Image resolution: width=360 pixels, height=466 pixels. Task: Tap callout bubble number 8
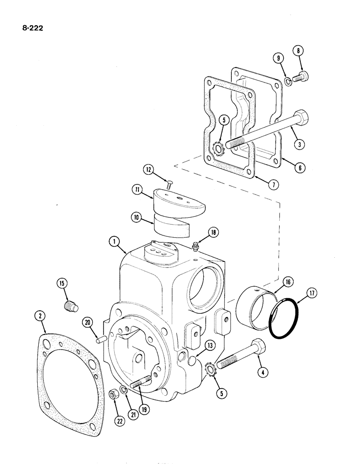pyautogui.click(x=298, y=51)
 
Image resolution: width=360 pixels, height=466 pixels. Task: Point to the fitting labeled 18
pyautogui.click(x=197, y=245)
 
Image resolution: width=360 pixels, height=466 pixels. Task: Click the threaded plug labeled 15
pyautogui.click(x=69, y=305)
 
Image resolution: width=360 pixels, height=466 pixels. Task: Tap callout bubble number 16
pyautogui.click(x=288, y=281)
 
